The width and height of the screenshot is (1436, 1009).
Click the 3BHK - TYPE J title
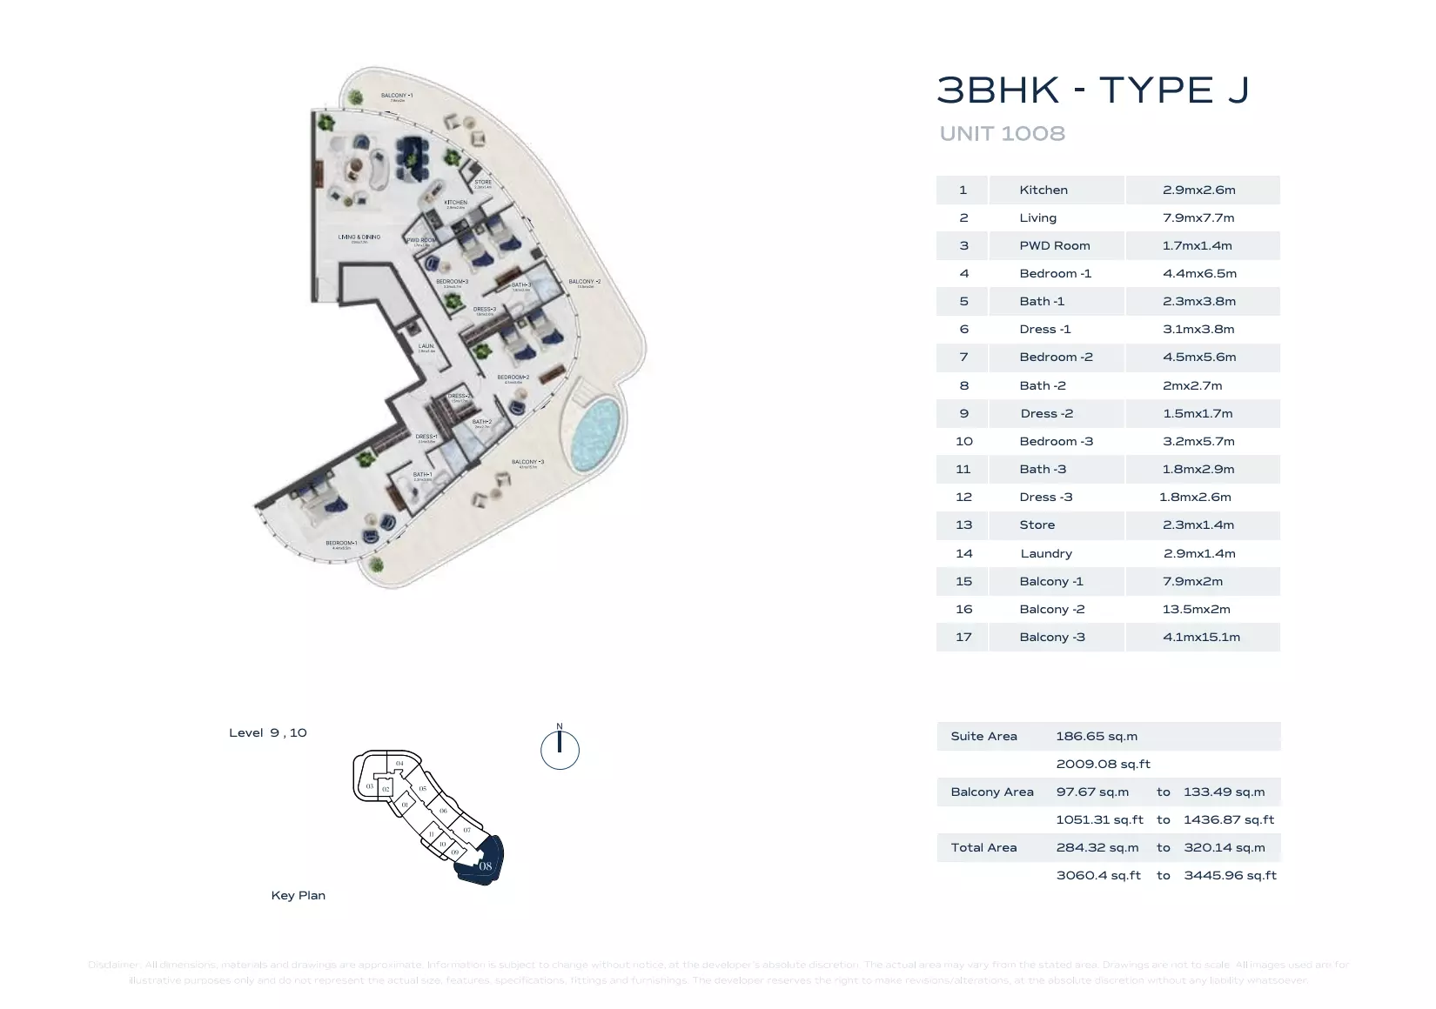pyautogui.click(x=1092, y=90)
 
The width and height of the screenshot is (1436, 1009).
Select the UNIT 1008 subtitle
pyautogui.click(x=1002, y=134)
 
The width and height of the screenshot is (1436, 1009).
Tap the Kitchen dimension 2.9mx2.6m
pyautogui.click(x=1198, y=190)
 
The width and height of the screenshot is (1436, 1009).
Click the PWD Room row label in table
pyautogui.click(x=1054, y=245)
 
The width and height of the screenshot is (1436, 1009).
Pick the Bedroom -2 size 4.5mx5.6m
pyautogui.click(x=1198, y=357)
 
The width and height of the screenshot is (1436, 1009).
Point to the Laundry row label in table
pyautogui.click(x=1046, y=553)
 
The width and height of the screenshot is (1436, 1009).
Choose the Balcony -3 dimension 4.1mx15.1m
pyautogui.click(x=1201, y=637)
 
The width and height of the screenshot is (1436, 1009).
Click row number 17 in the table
pyautogui.click(x=963, y=637)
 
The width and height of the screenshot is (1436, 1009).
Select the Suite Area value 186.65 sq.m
pyautogui.click(x=1096, y=736)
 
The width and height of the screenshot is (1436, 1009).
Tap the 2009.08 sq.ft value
pyautogui.click(x=1103, y=764)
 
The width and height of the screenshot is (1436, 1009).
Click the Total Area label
pyautogui.click(x=983, y=847)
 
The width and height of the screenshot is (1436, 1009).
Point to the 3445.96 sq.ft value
pyautogui.click(x=1229, y=875)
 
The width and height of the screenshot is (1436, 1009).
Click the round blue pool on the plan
pyautogui.click(x=595, y=429)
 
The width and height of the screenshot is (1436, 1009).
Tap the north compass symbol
pyautogui.click(x=560, y=749)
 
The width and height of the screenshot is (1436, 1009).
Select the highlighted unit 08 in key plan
pyautogui.click(x=484, y=865)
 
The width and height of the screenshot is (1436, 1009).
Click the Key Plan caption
pyautogui.click(x=298, y=895)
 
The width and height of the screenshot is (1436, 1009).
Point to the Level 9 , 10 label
pyautogui.click(x=267, y=732)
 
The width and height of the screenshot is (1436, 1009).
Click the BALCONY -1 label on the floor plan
pyautogui.click(x=397, y=96)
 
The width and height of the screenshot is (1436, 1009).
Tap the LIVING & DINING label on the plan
pyautogui.click(x=359, y=237)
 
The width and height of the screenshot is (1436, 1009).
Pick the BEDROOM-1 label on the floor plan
pyautogui.click(x=341, y=543)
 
